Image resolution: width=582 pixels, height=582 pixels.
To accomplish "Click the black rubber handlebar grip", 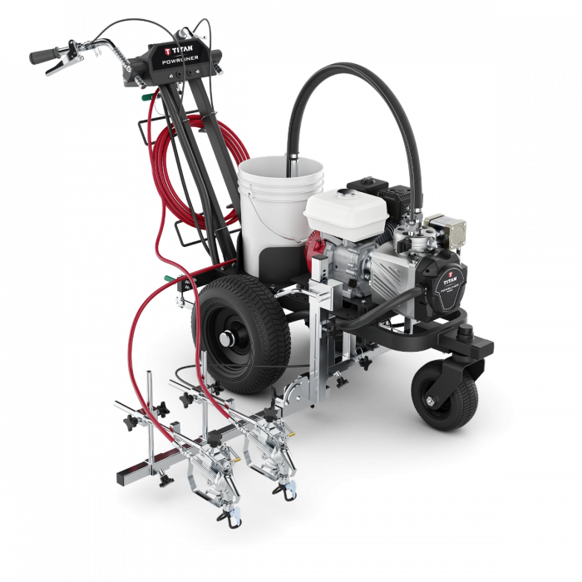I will click(x=44, y=57).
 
